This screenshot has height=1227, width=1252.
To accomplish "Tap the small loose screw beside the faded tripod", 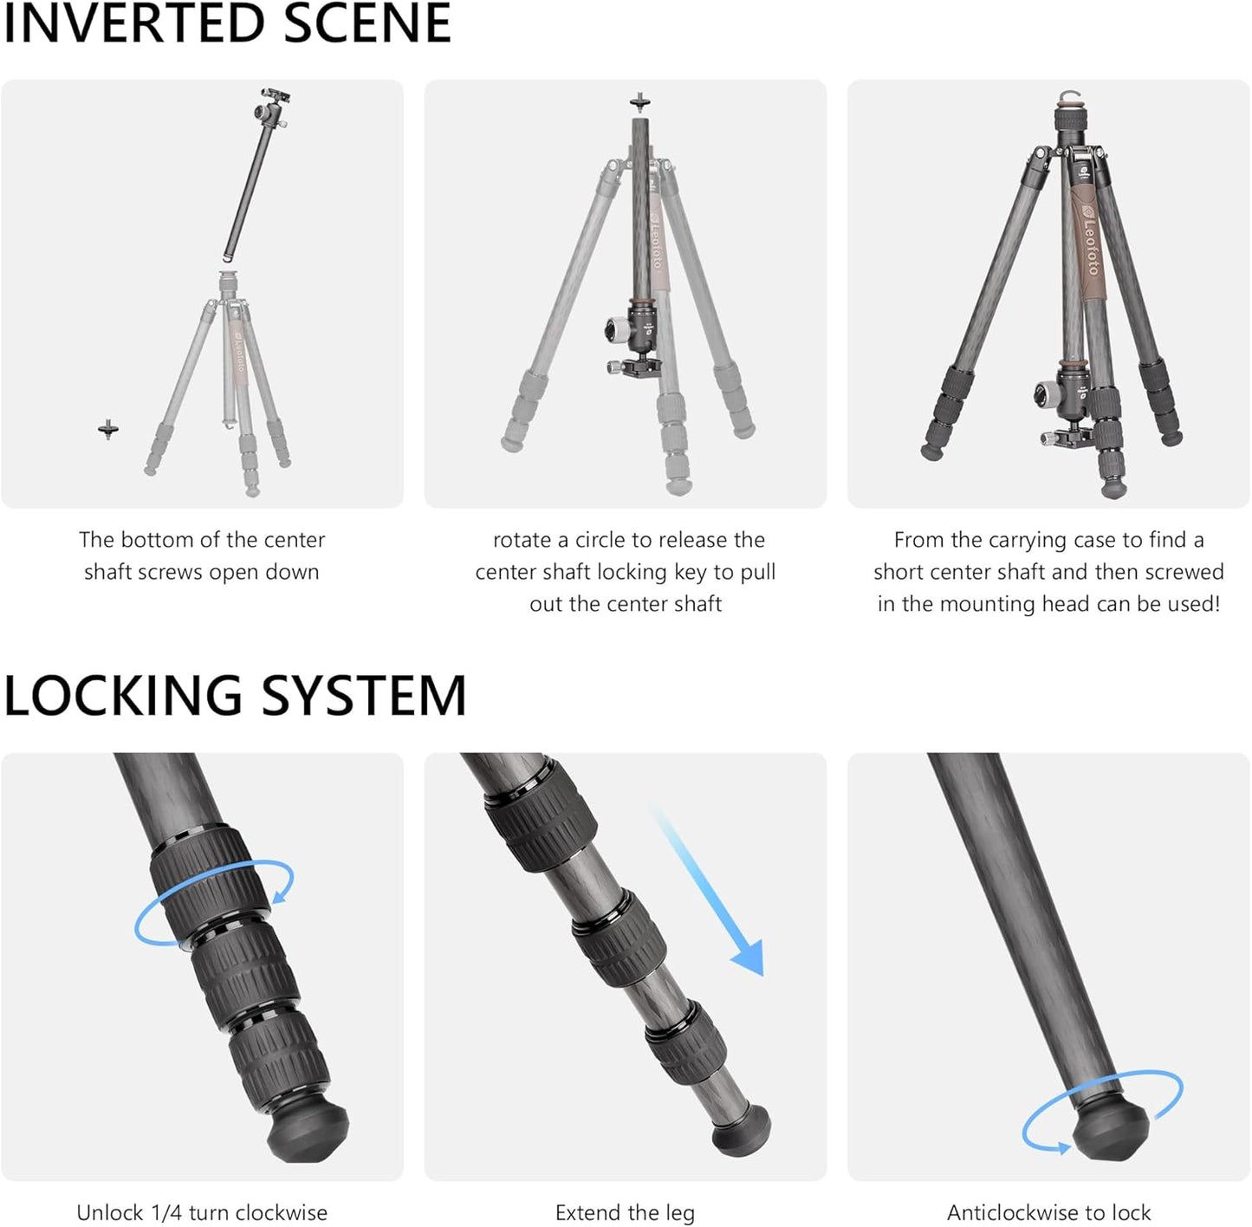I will click(x=108, y=429).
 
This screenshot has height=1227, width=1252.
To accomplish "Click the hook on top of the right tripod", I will click(x=1068, y=96).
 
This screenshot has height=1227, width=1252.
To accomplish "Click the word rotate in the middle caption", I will click(x=522, y=540).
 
